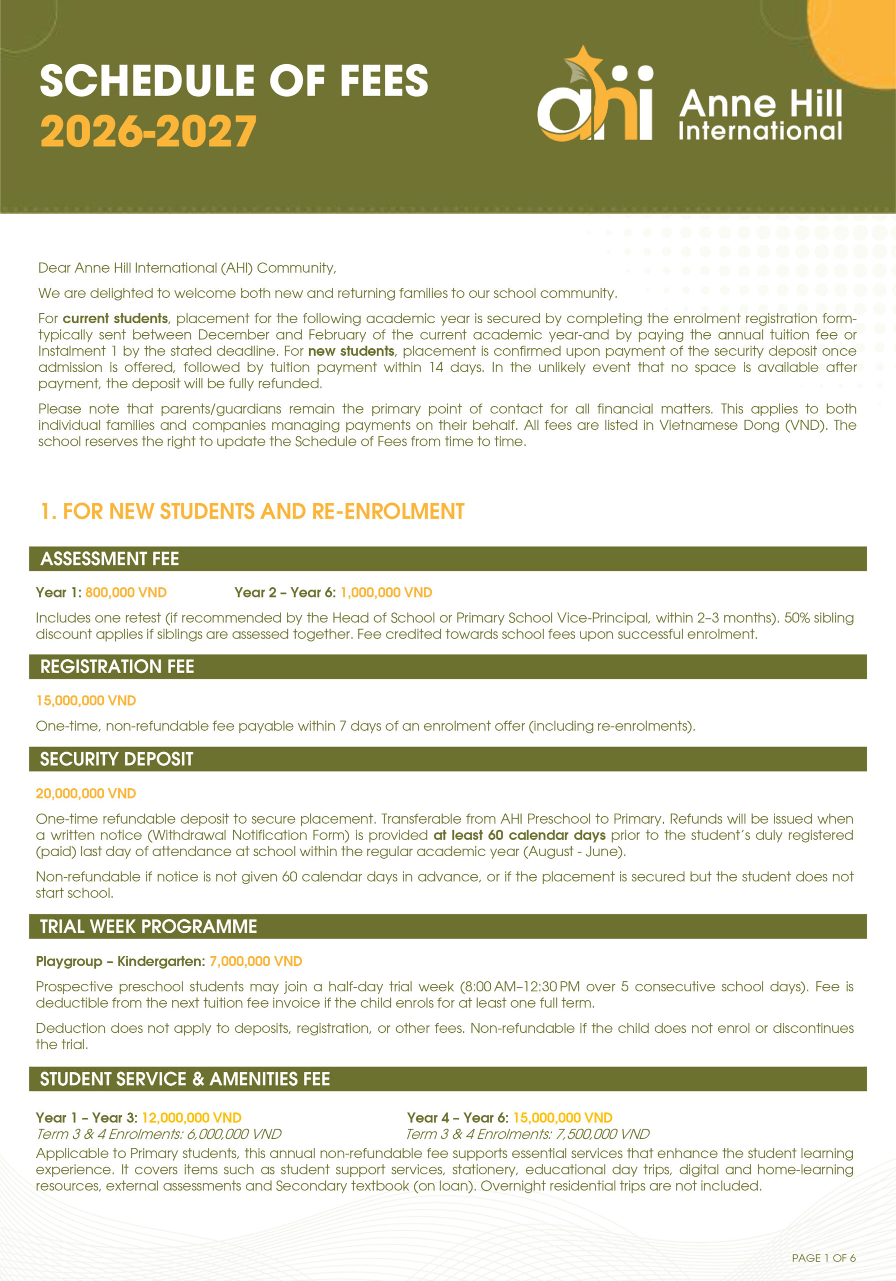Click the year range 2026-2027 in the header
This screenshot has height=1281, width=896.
[148, 132]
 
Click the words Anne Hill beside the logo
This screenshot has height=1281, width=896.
[760, 104]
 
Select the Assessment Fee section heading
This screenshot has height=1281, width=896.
[110, 558]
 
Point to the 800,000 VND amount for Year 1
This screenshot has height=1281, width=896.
[126, 592]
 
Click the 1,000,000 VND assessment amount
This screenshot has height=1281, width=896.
[386, 592]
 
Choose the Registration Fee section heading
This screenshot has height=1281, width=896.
[117, 666]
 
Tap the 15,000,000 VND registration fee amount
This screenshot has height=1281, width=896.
[86, 700]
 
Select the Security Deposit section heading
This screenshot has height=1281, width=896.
[116, 759]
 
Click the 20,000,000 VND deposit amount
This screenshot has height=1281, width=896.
[86, 794]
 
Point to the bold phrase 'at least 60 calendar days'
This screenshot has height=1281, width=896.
[519, 835]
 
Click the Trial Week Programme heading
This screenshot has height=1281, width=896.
[148, 926]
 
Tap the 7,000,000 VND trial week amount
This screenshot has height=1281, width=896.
[256, 961]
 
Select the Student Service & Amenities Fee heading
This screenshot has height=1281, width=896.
[185, 1078]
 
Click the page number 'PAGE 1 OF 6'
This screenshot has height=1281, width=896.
[823, 1257]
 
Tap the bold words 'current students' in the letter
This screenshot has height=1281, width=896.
[115, 319]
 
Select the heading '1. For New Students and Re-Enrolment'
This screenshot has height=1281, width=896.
[252, 511]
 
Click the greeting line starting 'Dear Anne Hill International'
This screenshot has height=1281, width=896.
[187, 268]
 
